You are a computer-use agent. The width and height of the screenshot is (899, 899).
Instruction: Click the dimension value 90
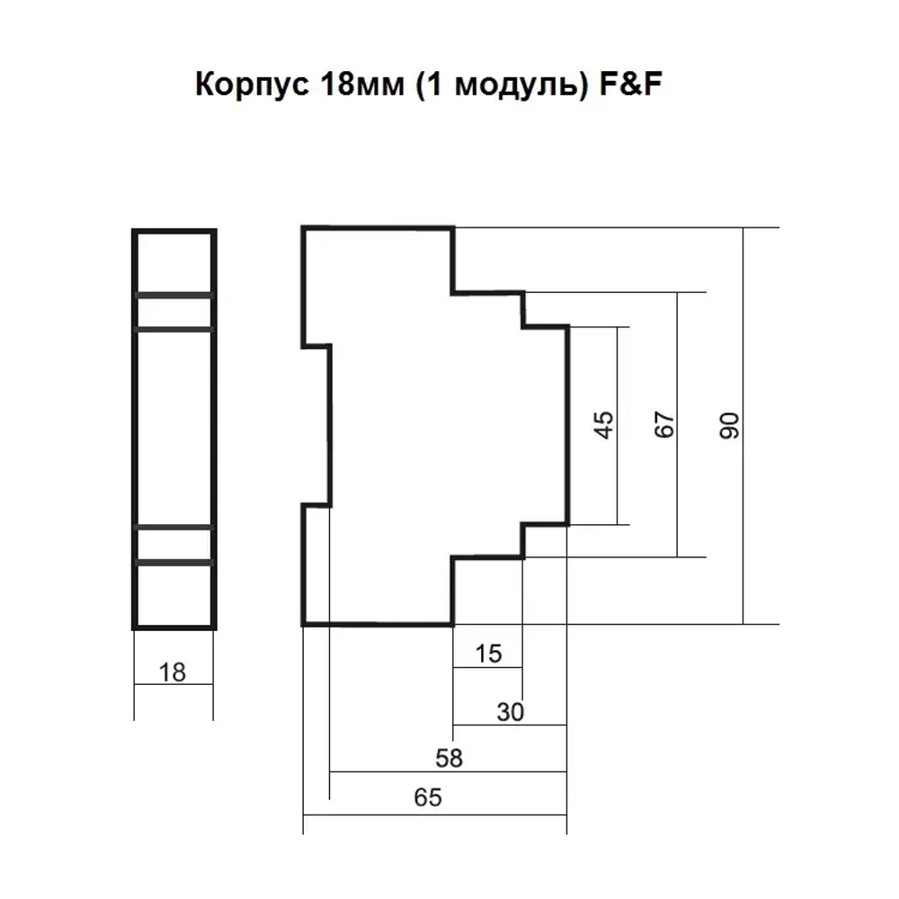[x=730, y=425]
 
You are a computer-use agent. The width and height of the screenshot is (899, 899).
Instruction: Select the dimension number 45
[x=605, y=425]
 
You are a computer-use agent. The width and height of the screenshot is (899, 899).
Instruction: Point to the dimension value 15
[x=487, y=654]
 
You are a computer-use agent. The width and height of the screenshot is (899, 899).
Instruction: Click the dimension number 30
[x=510, y=712]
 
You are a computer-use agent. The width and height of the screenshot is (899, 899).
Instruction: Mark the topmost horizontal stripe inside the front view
[x=174, y=295]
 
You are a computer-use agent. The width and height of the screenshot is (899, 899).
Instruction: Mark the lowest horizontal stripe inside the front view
[x=174, y=562]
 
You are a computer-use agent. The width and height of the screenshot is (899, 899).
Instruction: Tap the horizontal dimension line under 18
[x=174, y=685]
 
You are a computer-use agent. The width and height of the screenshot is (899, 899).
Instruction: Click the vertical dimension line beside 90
[x=743, y=503]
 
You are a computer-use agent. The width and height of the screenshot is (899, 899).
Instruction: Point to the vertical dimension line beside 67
[x=678, y=485]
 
